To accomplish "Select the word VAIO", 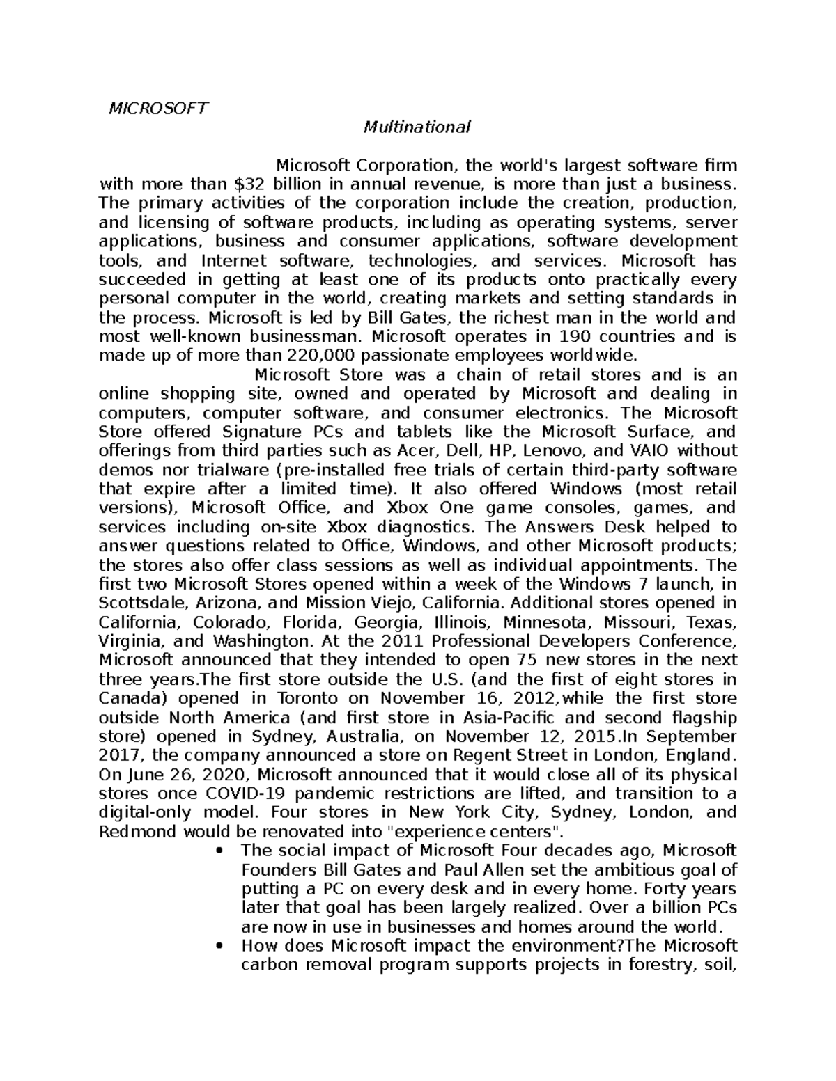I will pyautogui.click(x=647, y=450).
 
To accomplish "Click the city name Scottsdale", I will pyautogui.click(x=139, y=602).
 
